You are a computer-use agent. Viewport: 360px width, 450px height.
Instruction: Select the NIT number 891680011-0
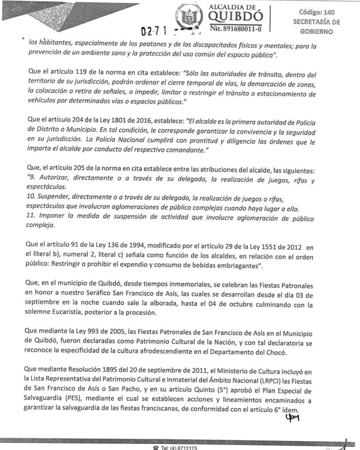tap(236, 29)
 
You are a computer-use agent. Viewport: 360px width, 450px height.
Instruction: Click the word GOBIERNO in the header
tap(316, 32)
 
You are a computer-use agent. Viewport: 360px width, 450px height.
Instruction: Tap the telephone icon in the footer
tap(155, 448)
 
